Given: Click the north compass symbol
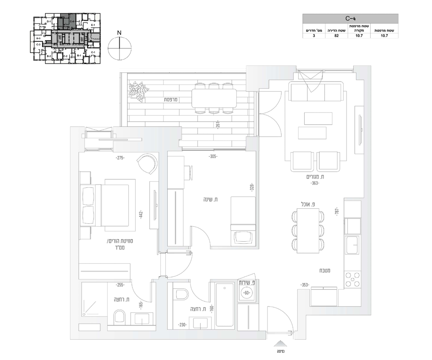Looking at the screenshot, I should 120,48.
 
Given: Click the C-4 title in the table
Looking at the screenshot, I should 350,18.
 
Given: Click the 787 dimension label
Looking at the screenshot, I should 337,211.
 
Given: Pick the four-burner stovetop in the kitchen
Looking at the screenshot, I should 353,279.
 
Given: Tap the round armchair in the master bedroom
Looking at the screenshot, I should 148,164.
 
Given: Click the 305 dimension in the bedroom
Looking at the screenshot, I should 213,157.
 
